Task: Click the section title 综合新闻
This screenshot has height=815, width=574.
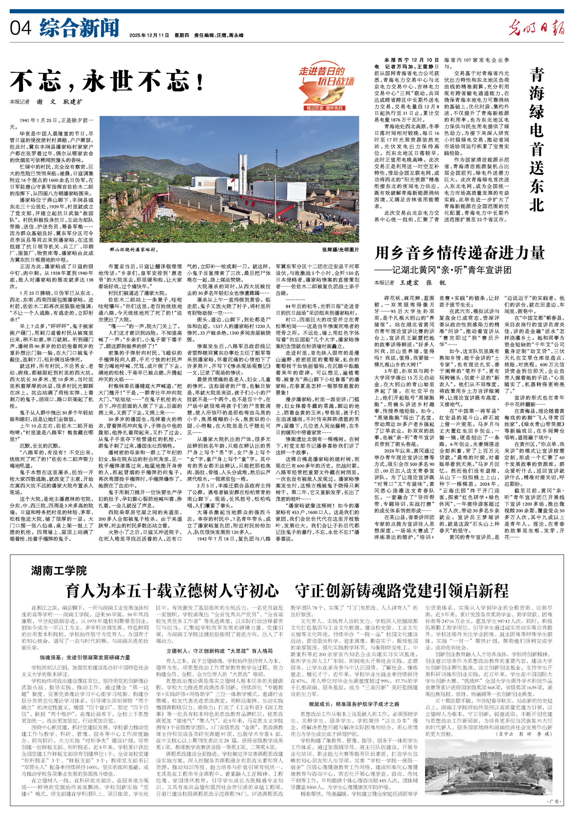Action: coord(79,28)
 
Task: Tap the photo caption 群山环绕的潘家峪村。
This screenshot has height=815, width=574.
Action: coord(134,249)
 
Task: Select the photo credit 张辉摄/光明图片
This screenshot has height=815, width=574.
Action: coord(340,249)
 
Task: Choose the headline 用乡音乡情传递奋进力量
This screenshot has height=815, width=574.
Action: coord(460,253)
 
